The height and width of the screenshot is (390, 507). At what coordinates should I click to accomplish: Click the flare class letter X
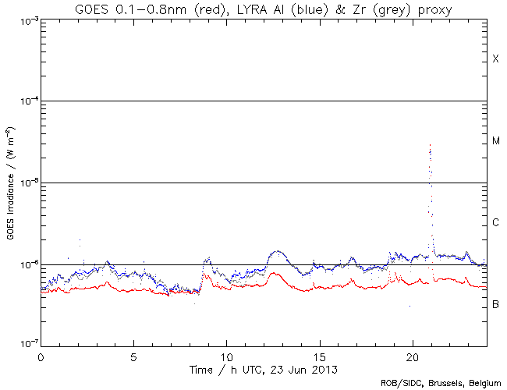[495, 59]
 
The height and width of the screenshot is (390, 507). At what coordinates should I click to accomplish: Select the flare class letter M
[495, 141]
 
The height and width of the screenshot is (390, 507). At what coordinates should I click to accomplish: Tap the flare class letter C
[495, 223]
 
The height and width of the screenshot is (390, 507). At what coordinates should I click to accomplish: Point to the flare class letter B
[495, 303]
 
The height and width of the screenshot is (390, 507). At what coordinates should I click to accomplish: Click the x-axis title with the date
[264, 369]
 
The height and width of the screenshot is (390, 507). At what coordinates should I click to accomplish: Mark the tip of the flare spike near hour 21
[430, 145]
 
